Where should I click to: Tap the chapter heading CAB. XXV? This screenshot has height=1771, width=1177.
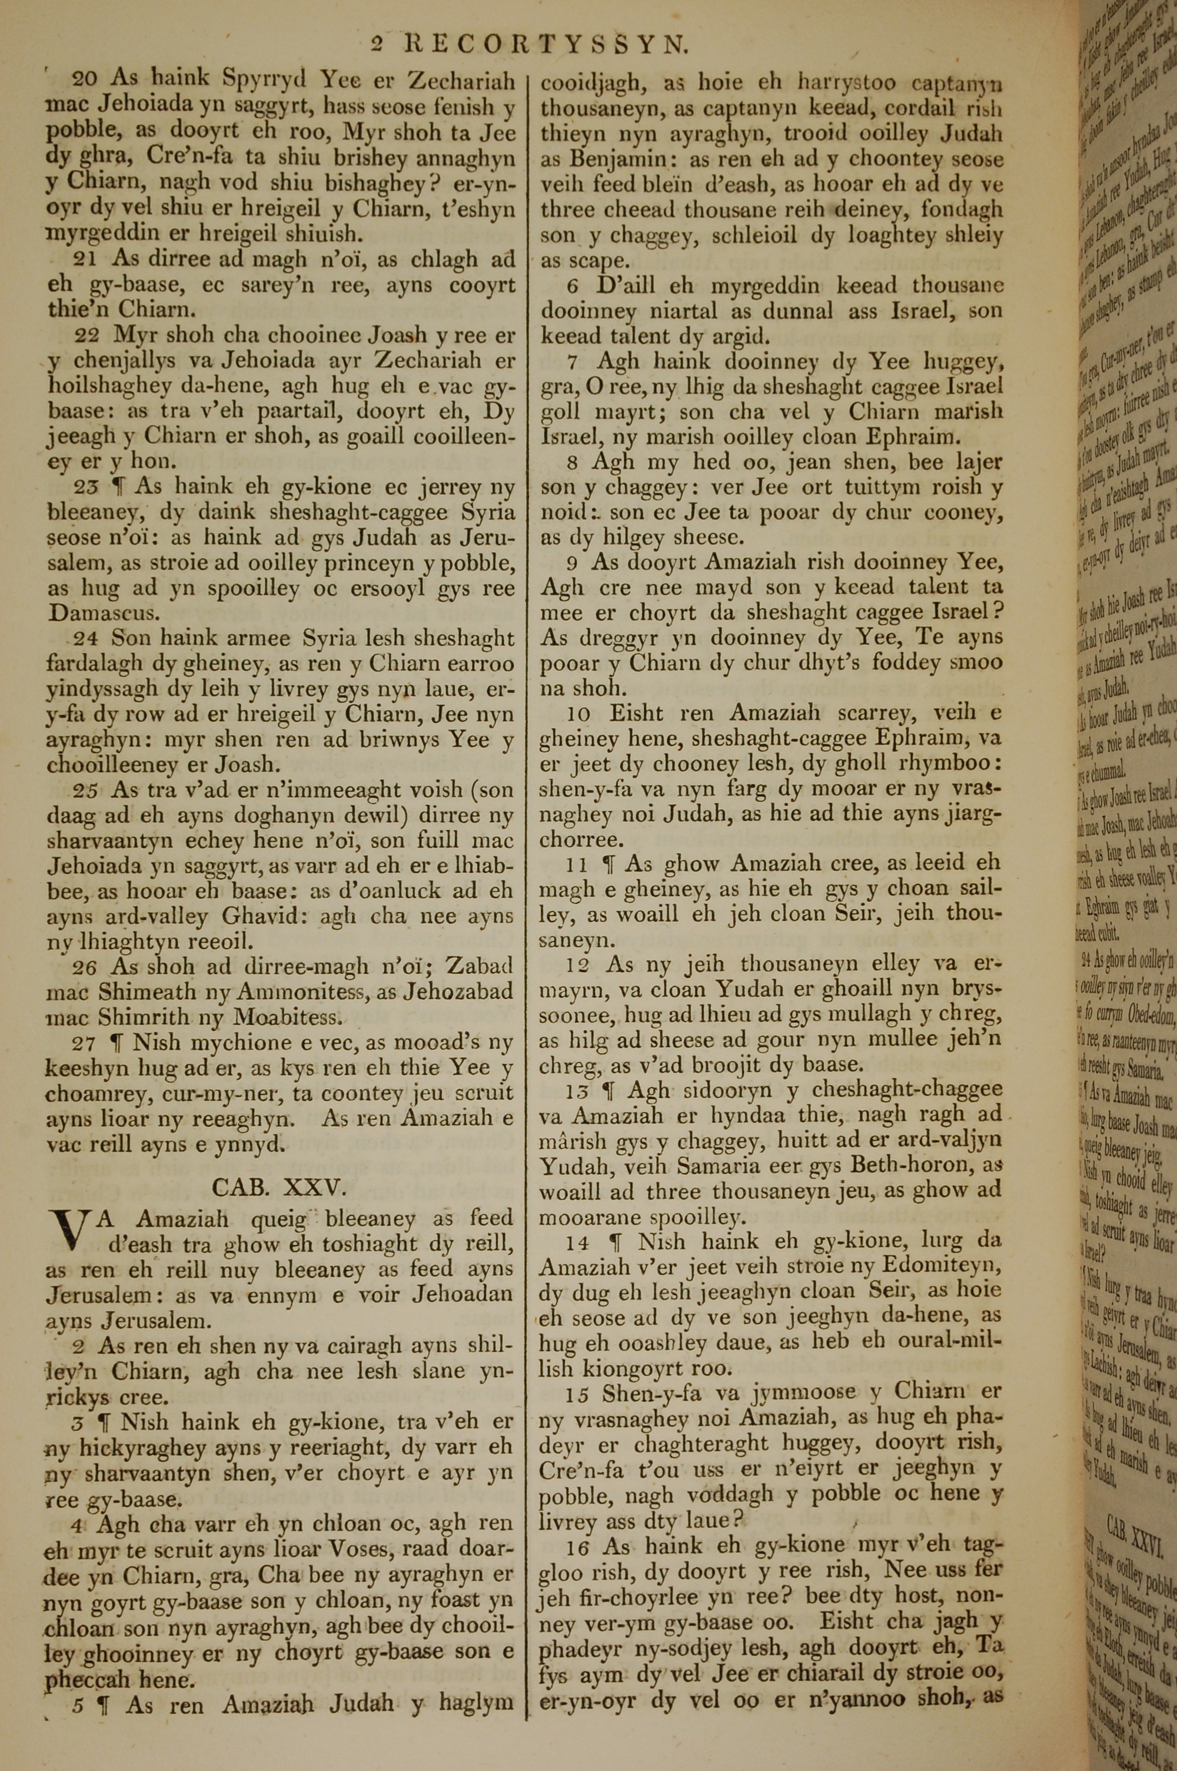click(278, 1186)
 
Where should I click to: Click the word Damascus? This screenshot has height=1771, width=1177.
click(103, 612)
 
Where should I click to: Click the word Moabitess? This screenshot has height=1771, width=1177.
click(287, 1018)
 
